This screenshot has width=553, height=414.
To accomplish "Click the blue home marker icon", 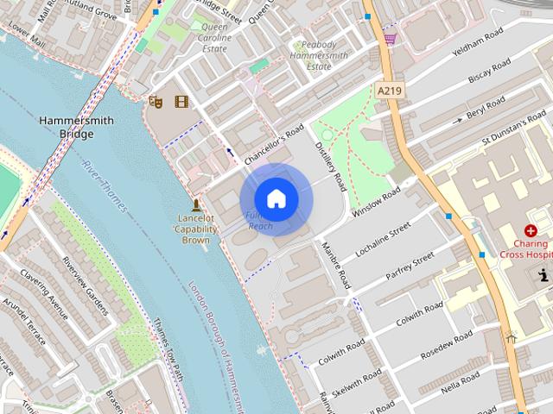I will point(276,199).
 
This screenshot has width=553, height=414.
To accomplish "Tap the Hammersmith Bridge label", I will point(76,128).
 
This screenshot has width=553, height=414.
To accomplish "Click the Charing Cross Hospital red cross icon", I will point(530,230).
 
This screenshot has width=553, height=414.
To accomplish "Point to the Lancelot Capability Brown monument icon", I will point(197,205).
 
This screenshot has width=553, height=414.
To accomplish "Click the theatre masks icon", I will point(156,102).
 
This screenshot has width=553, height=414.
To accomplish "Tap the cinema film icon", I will point(181,102).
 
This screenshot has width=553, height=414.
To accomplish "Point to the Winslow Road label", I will point(378,203).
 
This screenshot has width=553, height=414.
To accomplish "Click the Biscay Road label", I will point(490,73).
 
